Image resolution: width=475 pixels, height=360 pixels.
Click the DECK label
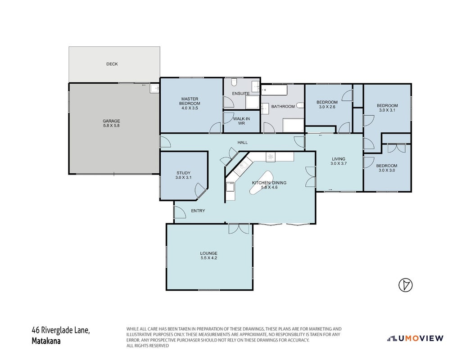tap(112, 64)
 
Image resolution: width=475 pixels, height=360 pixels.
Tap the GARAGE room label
tap(111, 121)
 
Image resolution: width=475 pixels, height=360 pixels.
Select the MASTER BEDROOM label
tap(190, 101)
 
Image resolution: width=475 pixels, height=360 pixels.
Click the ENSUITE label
tap(241, 94)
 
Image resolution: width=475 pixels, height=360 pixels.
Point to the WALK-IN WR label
tap(241, 121)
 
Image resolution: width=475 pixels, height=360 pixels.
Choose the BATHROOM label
tap(283, 107)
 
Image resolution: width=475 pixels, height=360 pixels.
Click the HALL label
tap(242, 142)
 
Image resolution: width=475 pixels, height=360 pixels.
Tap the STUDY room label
tap(183, 173)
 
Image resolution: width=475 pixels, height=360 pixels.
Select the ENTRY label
tap(198, 211)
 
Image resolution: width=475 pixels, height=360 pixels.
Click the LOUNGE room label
tap(209, 253)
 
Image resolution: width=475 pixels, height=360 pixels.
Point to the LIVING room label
tap(339, 159)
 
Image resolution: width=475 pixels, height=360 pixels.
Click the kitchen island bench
tap(261, 182)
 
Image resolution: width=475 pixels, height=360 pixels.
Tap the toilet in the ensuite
tap(234, 82)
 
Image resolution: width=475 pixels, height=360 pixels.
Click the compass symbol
tap(405, 285)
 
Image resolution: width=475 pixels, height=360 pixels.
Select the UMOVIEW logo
tap(415, 338)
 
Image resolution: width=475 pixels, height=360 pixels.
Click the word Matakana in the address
tap(46, 341)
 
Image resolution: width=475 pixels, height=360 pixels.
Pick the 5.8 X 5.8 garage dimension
tap(111, 126)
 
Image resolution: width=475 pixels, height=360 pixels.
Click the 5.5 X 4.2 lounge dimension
tap(209, 258)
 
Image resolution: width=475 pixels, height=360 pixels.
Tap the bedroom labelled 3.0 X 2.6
tap(327, 104)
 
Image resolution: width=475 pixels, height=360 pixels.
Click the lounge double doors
tap(239, 229)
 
